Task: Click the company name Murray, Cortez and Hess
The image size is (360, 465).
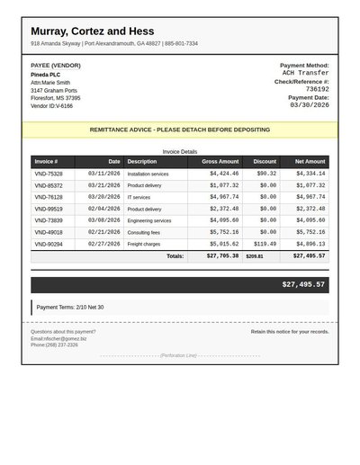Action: point(92,31)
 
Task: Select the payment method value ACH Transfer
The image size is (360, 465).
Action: point(305,73)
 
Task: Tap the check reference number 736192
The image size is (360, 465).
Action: point(317,89)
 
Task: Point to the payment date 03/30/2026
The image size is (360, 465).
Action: point(309,105)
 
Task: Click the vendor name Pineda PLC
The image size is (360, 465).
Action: point(45,74)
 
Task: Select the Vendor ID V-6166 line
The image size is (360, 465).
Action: point(52,106)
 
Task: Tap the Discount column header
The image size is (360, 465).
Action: point(265,162)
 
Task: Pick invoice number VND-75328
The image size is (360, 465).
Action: point(49,174)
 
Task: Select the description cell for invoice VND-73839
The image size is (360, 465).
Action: point(148,220)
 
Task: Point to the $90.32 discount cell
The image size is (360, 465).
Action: point(266,174)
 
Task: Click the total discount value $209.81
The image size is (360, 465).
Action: point(255,256)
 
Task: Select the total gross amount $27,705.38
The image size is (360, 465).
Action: point(222,256)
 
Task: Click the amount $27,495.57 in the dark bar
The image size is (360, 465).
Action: point(303,284)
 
